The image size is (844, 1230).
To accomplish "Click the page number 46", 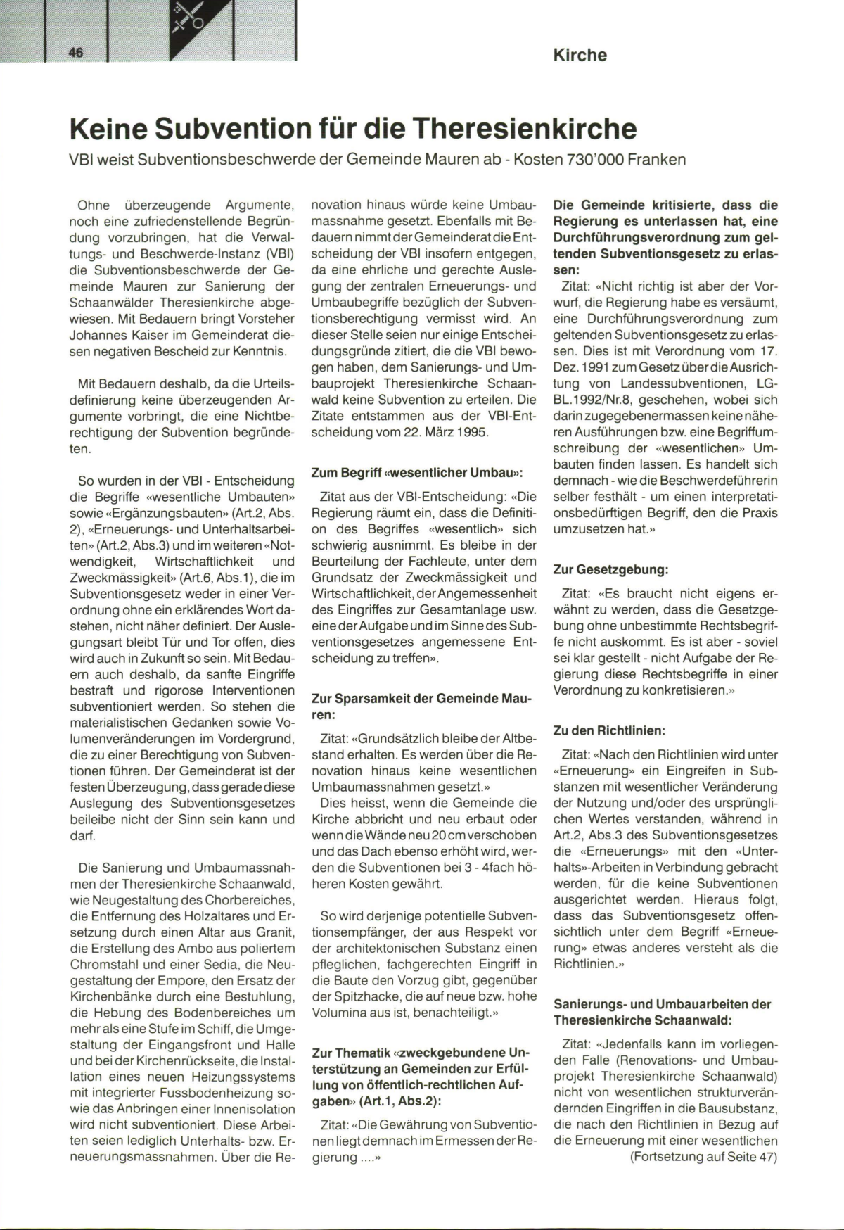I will pyautogui.click(x=75, y=53).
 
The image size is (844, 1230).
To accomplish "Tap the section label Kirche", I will pyautogui.click(x=580, y=55).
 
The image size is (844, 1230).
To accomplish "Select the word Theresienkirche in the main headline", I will pyautogui.click(x=524, y=129).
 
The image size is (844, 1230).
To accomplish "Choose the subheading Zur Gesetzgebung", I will pyautogui.click(x=610, y=569).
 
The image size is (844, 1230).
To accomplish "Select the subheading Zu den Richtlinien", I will pyautogui.click(x=609, y=730).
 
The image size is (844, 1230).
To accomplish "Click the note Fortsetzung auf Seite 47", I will pyautogui.click(x=703, y=1157).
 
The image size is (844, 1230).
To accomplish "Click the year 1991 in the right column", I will pyautogui.click(x=600, y=367).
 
